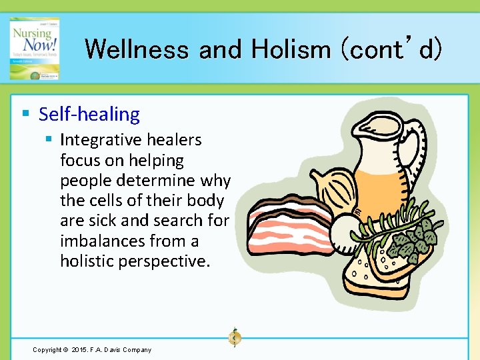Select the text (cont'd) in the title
(x=391, y=49)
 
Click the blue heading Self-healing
(x=89, y=114)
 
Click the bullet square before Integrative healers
(x=49, y=140)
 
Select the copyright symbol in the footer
(x=65, y=350)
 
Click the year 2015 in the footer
(x=80, y=350)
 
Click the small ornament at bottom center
(x=234, y=338)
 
